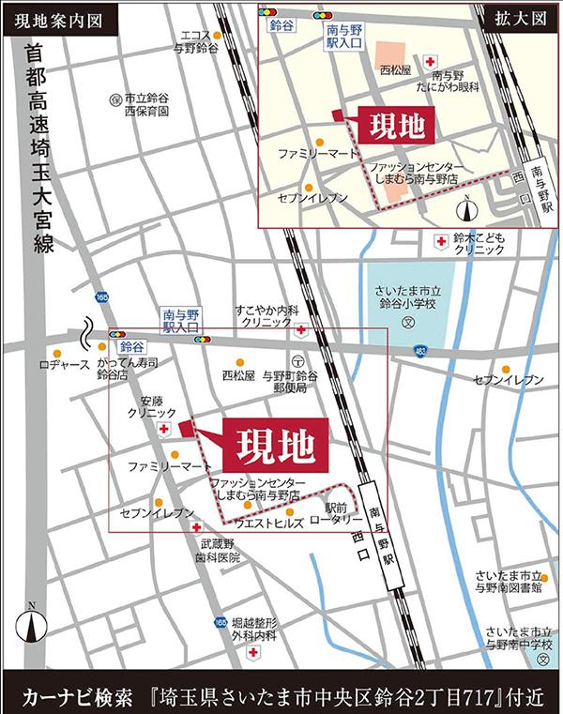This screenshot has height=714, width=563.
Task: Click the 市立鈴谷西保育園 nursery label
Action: click(x=142, y=103)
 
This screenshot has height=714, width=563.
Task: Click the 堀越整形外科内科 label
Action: click(x=253, y=629)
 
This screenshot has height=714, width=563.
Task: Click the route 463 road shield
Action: click(x=418, y=351)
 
